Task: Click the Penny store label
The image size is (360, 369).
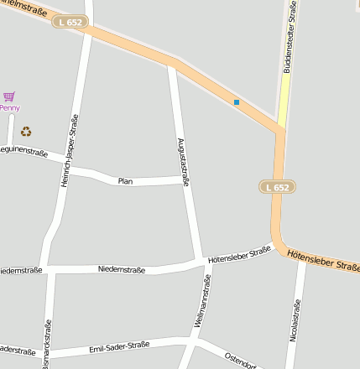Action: (9, 107)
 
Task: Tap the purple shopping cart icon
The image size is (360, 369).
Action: (9, 96)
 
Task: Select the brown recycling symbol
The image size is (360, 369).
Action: (26, 132)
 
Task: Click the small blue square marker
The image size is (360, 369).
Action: (237, 102)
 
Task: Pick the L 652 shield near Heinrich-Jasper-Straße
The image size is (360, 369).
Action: (70, 22)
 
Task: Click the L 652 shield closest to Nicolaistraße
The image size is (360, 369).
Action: (276, 187)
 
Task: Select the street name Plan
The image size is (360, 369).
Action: (125, 181)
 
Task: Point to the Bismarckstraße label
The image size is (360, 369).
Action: (46, 348)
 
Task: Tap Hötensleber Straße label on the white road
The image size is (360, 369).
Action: (239, 254)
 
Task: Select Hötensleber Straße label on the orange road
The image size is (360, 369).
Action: (322, 261)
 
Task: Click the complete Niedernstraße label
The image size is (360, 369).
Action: (122, 270)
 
